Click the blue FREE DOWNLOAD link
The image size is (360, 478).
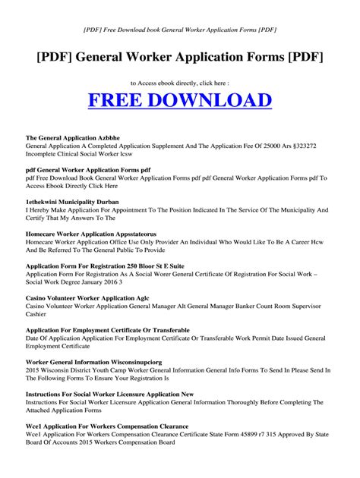point(179,100)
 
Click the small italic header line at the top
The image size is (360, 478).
point(179,30)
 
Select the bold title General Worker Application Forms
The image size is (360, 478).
point(179,59)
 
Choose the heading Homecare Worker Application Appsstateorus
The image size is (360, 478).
point(94,234)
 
